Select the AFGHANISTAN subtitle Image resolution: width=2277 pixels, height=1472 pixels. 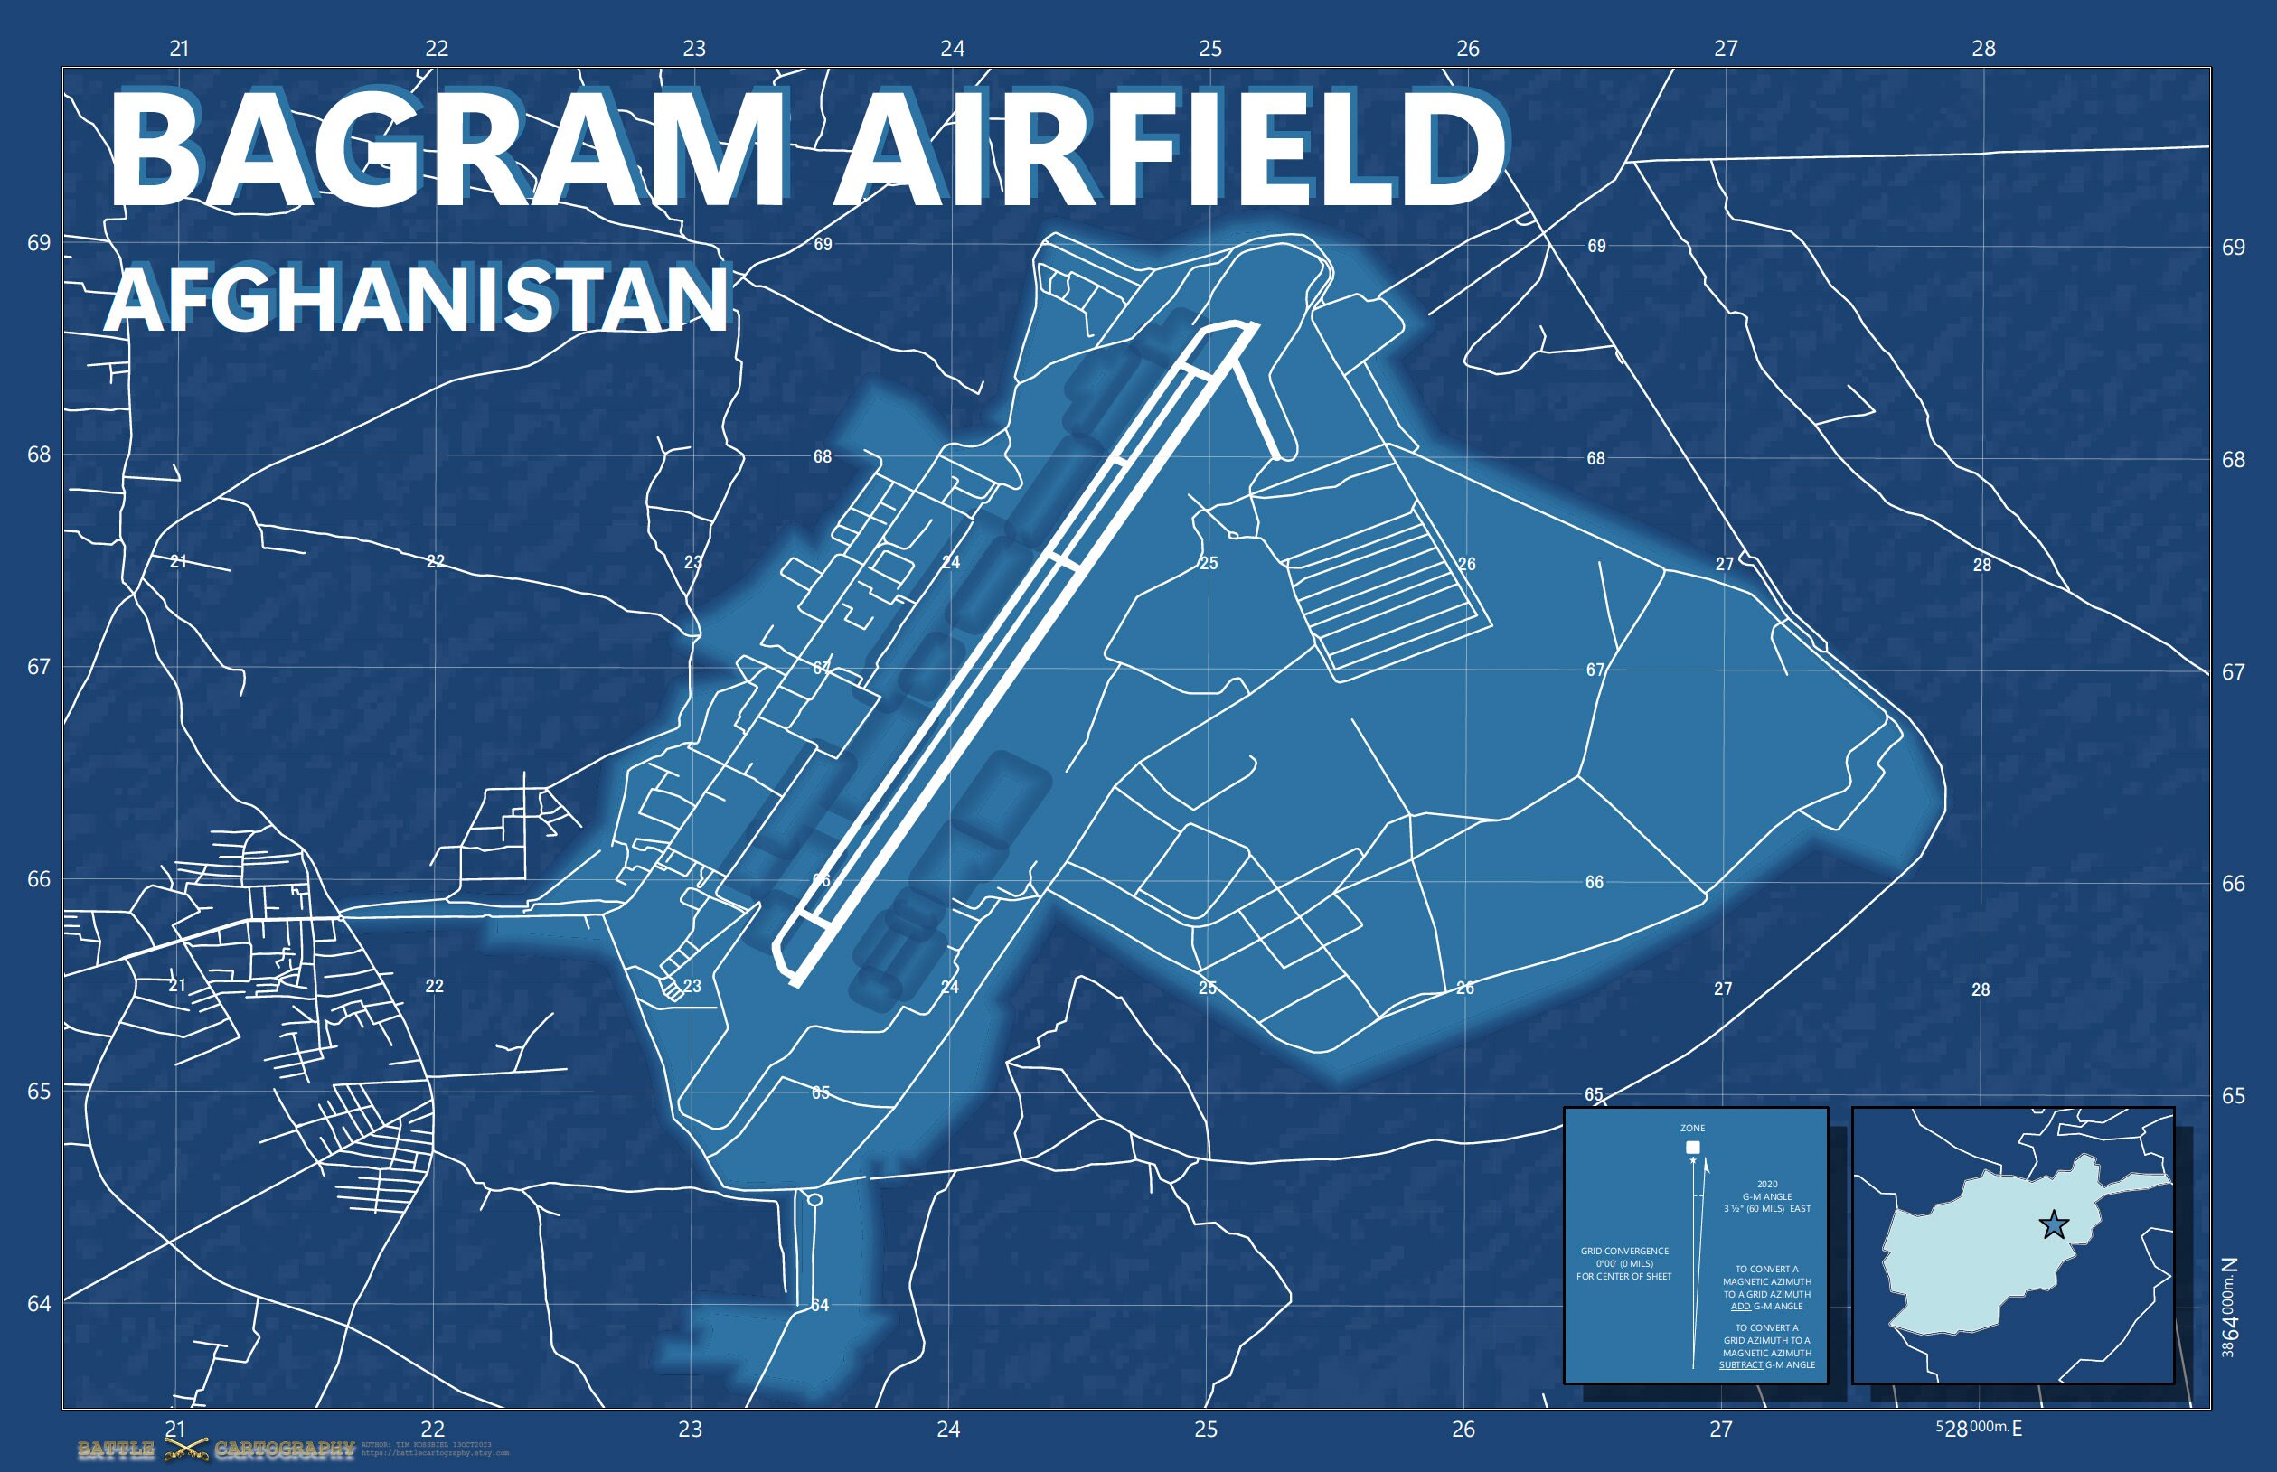point(417,298)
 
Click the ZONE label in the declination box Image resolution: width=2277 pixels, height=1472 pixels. point(1692,1128)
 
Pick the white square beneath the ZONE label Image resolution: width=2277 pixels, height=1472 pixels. point(1693,1147)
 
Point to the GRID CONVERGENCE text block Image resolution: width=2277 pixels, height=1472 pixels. point(1624,1263)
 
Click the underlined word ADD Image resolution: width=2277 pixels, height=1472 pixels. point(1740,1306)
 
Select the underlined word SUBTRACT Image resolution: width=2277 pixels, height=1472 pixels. point(1740,1365)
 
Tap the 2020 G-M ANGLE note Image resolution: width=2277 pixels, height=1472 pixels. point(1766,1196)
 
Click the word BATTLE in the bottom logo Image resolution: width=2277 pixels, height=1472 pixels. point(116,1450)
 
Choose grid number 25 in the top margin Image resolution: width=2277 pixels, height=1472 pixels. point(1210,49)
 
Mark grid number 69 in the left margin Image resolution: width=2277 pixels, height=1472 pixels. point(39,243)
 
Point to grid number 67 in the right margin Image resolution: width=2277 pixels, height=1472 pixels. point(2233,672)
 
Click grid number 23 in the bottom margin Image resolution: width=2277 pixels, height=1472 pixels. point(691,1430)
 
